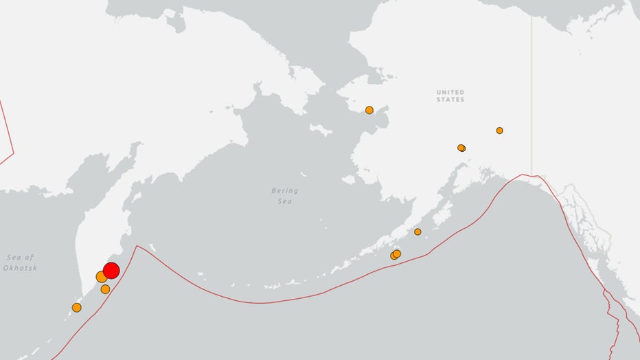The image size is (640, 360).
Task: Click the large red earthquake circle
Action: coord(111,270)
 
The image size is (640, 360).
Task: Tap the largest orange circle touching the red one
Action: coord(101,277)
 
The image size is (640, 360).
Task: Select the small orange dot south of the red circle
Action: coord(105,289)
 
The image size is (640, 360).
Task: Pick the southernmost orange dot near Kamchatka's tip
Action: coord(76,308)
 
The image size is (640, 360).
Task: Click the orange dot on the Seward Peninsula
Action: coord(369,110)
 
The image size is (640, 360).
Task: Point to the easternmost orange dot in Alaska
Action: coord(499,131)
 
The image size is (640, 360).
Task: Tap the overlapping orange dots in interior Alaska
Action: coord(461,148)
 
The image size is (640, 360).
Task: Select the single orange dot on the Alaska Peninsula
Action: coord(418,232)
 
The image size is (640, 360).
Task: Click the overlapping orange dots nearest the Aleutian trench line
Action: coord(396,255)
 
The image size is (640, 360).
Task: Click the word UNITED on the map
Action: coord(450,92)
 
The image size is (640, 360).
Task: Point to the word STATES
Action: coord(450,100)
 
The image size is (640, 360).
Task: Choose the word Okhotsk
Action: coord(21,267)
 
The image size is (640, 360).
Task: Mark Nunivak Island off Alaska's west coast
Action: coord(348,180)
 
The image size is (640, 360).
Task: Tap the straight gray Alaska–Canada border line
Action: coord(531,89)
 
